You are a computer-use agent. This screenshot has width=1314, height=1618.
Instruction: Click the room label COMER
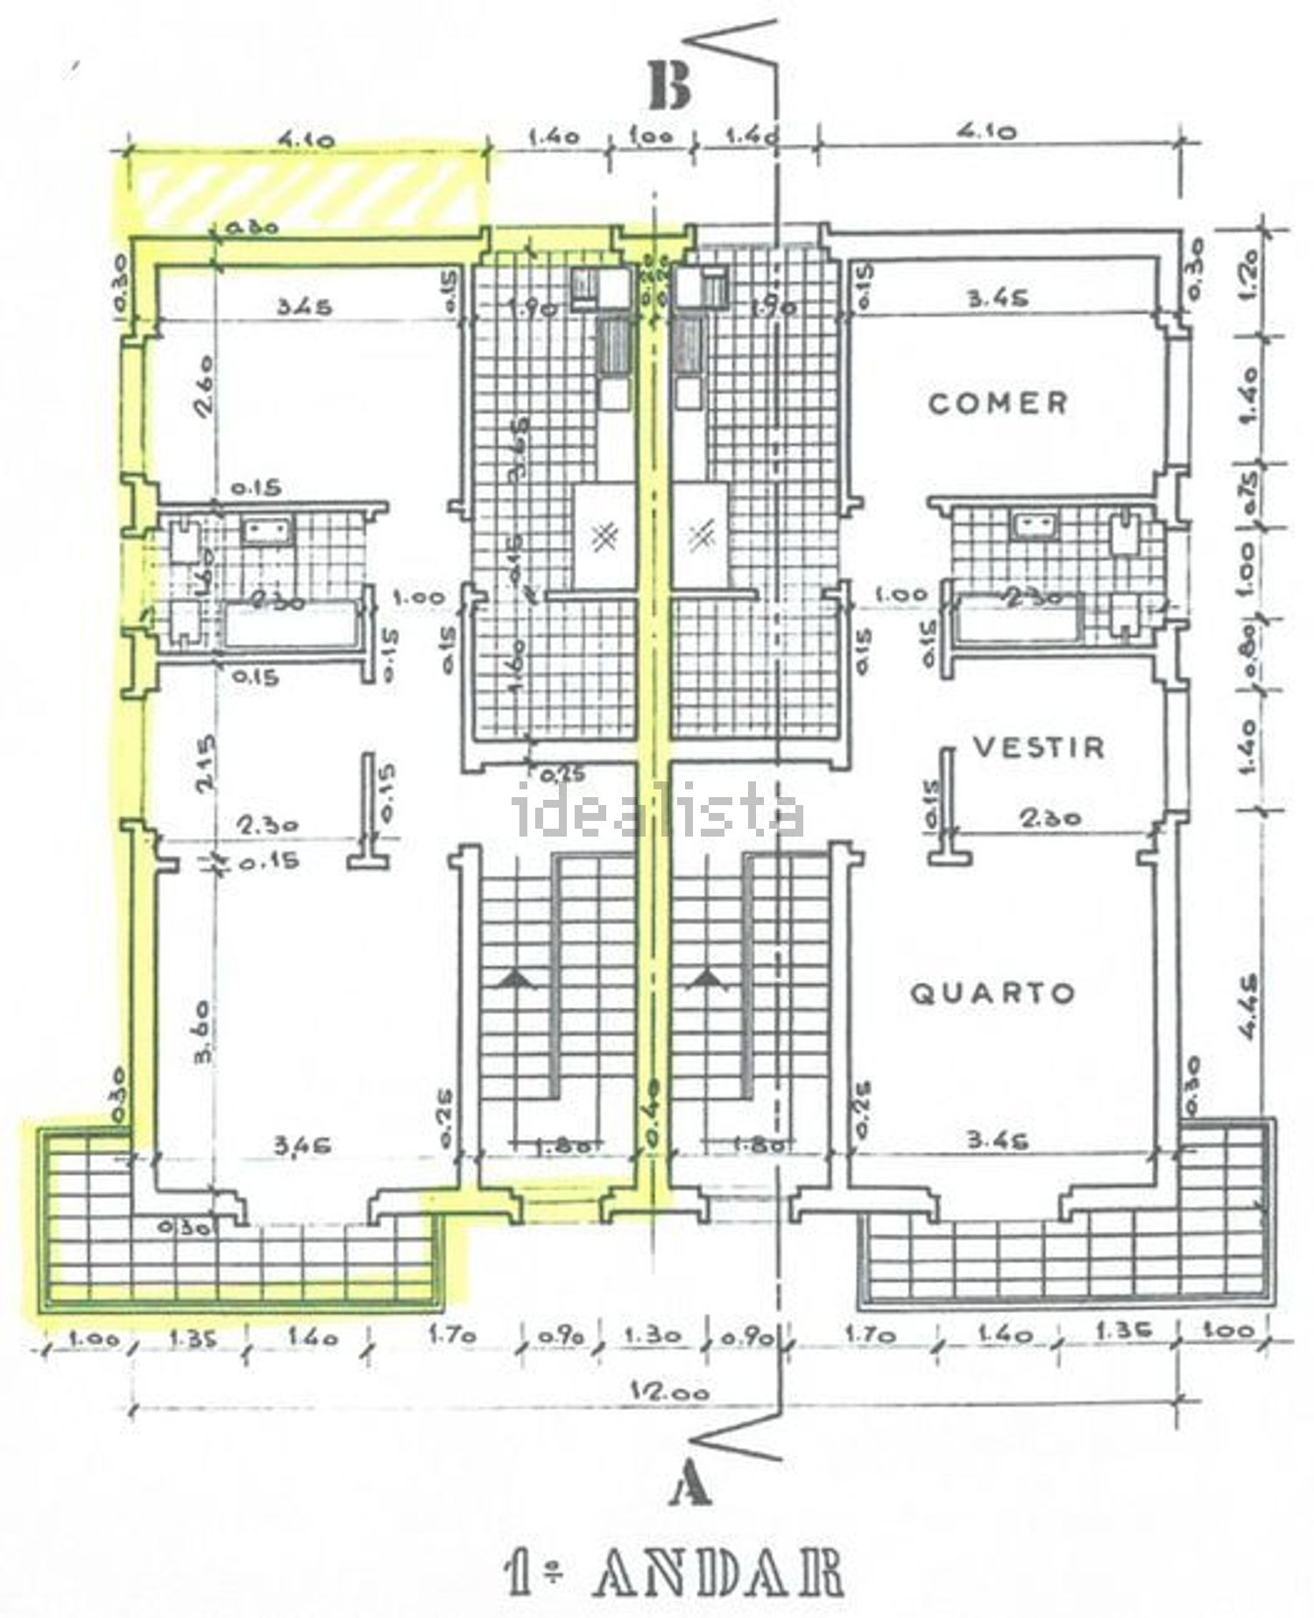[x=998, y=404]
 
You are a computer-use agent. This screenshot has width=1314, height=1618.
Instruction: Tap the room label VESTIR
[x=1039, y=747]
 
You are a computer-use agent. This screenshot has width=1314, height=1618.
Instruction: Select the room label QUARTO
[x=993, y=993]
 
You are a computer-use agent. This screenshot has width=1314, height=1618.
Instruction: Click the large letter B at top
[x=670, y=86]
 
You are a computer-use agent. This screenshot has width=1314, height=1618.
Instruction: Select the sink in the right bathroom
[x=1037, y=526]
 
